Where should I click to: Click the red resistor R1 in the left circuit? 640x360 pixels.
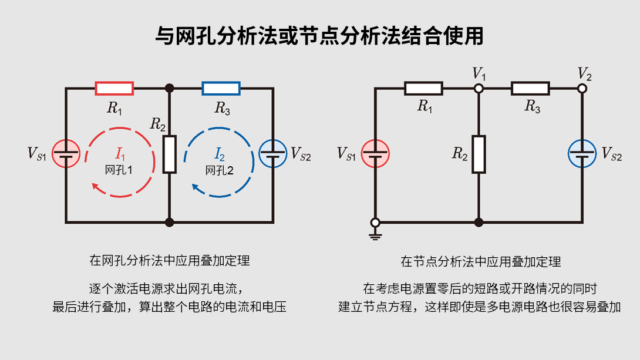114,89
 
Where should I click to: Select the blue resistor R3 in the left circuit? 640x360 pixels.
221,89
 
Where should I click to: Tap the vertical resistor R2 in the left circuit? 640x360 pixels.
170,154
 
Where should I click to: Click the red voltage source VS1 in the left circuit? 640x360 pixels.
66,154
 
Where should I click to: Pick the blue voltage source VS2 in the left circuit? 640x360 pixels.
273,154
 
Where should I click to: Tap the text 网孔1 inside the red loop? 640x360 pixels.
120,170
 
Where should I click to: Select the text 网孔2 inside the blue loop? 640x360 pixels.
220,170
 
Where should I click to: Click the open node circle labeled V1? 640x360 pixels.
479,89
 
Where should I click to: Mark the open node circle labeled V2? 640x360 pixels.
582,89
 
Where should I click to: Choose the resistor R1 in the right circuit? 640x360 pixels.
423,89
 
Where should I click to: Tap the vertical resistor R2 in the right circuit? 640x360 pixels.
479,154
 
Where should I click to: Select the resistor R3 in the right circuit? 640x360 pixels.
530,89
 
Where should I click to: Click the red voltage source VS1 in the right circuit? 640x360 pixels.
375,154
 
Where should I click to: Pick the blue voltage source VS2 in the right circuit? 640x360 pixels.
582,154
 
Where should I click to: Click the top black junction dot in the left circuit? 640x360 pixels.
170,89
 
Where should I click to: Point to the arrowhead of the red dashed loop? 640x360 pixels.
95,186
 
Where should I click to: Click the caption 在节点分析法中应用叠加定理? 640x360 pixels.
480,261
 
